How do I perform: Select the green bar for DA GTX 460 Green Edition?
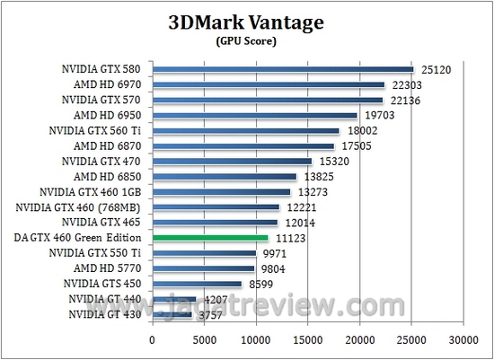tap(210, 238)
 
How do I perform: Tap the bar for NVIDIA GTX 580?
tap(283, 69)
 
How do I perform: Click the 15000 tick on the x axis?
tap(308, 340)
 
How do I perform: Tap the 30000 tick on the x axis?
tap(463, 340)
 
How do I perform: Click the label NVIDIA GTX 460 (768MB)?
tap(84, 207)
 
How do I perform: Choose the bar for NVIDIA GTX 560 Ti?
tap(245, 131)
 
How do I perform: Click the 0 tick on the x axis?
tap(153, 340)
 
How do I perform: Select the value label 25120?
tap(436, 70)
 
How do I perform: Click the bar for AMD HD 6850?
tap(224, 177)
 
